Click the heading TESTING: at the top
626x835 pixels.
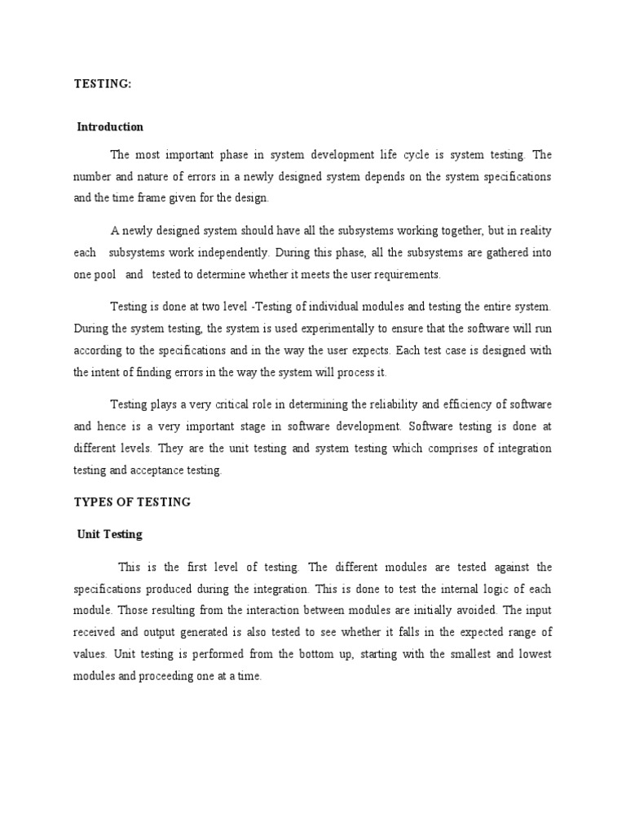click(x=102, y=83)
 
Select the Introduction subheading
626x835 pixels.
click(x=110, y=127)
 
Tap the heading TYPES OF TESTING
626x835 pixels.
click(x=132, y=502)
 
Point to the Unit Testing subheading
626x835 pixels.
click(x=109, y=535)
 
